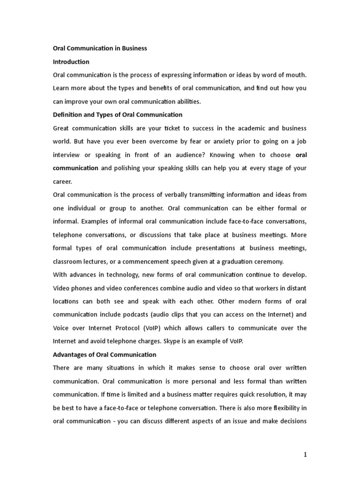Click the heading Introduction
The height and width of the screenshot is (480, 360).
(71, 62)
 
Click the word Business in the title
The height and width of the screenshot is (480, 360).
(135, 48)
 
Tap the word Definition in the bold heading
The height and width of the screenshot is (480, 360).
(69, 114)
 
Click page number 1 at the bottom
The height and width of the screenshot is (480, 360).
(305, 455)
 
